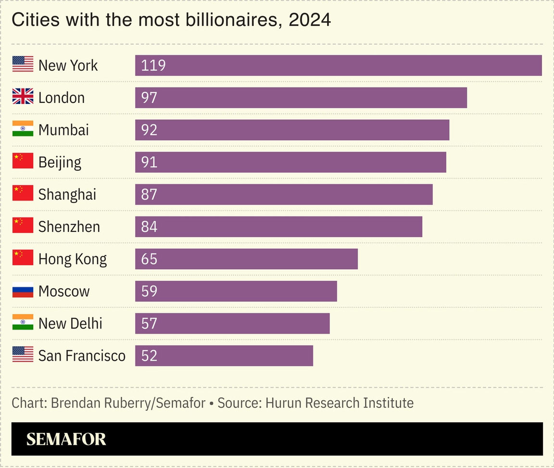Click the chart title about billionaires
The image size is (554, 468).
[x=171, y=20]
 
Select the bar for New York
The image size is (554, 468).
[x=338, y=65]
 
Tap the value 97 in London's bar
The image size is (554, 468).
[x=149, y=98]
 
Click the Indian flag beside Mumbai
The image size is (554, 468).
[x=23, y=129]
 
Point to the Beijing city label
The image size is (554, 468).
[x=60, y=162]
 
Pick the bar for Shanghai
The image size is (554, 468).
[x=284, y=194]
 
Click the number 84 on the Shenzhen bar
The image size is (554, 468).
[x=149, y=227]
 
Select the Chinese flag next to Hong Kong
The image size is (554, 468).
[x=23, y=258]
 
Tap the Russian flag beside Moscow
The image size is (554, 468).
[x=23, y=290]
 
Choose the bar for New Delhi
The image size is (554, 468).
[x=232, y=323]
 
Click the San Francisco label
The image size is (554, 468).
[x=82, y=355]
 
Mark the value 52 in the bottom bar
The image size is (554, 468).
[x=149, y=355]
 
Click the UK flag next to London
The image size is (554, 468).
[x=23, y=97]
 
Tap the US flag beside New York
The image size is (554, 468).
[x=23, y=64]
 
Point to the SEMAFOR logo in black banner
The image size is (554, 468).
[x=66, y=439]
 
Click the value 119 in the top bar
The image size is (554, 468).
[x=153, y=65]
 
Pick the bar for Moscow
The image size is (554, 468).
[x=236, y=291]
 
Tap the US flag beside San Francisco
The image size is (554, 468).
[x=23, y=354]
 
